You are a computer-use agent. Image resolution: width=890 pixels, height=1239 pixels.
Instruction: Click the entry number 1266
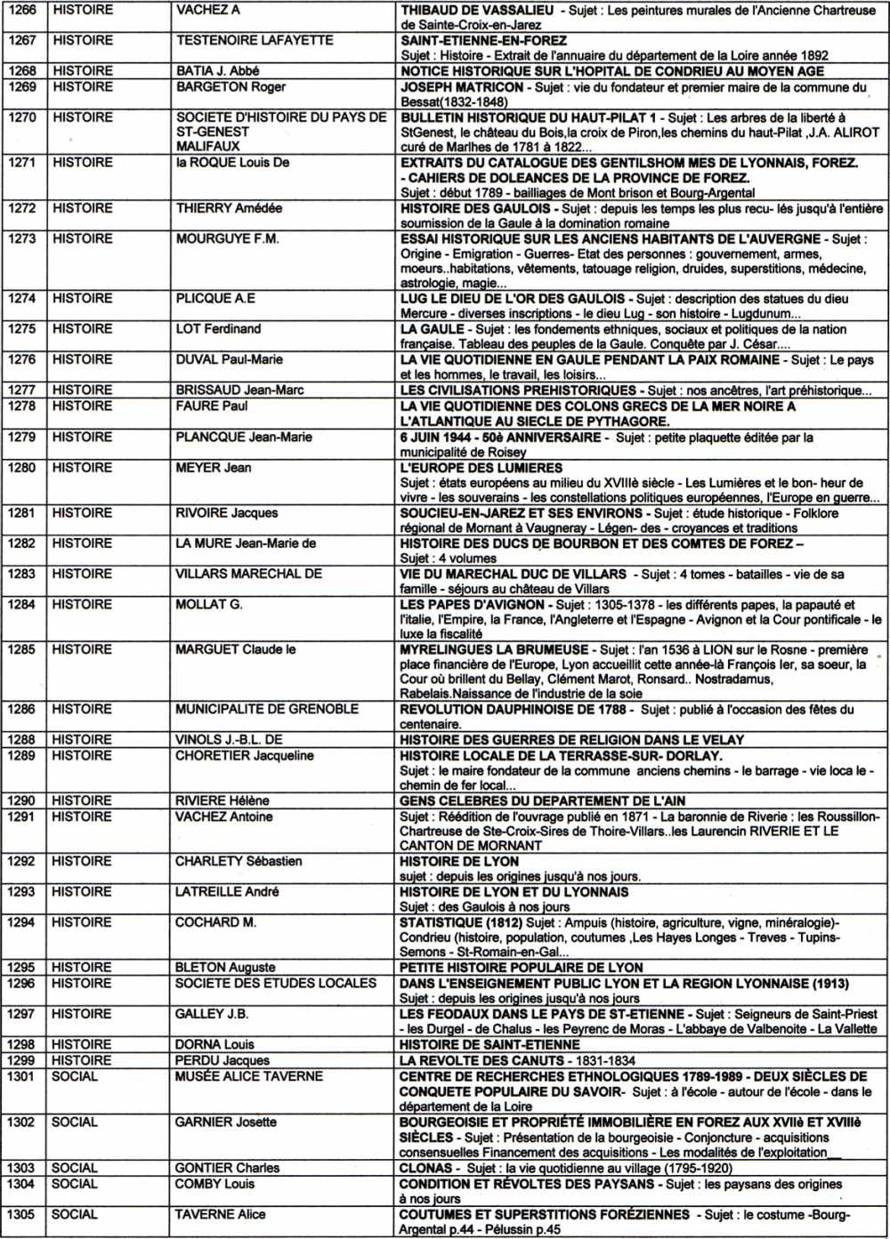[22, 11]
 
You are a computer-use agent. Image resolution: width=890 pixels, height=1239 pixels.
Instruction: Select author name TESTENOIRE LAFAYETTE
[255, 41]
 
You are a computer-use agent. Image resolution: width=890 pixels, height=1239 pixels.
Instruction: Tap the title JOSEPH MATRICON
[462, 87]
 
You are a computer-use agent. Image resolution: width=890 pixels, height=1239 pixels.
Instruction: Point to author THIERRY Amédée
[229, 208]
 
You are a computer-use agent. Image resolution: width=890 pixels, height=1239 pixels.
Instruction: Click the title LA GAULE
[433, 329]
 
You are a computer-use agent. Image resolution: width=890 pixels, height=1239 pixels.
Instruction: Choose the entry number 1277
[22, 390]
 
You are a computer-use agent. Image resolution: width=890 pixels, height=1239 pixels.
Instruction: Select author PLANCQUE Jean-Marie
[244, 437]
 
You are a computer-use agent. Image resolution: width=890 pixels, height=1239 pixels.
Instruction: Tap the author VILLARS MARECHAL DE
[248, 574]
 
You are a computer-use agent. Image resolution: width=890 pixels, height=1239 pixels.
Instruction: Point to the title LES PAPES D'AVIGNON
[472, 605]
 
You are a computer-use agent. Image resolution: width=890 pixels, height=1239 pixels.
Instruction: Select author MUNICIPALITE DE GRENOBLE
[267, 709]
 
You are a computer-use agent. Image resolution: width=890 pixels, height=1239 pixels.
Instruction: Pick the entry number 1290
[22, 801]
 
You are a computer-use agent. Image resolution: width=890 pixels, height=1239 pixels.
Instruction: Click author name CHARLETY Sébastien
[239, 861]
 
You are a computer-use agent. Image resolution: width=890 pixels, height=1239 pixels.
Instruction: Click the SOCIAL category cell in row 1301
[75, 1076]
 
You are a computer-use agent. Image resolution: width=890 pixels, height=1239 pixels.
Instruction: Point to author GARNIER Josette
[226, 1122]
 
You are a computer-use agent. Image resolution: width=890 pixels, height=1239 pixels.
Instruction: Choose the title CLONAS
[425, 1168]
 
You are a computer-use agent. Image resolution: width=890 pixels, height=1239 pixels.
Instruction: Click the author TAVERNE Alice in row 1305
[220, 1214]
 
